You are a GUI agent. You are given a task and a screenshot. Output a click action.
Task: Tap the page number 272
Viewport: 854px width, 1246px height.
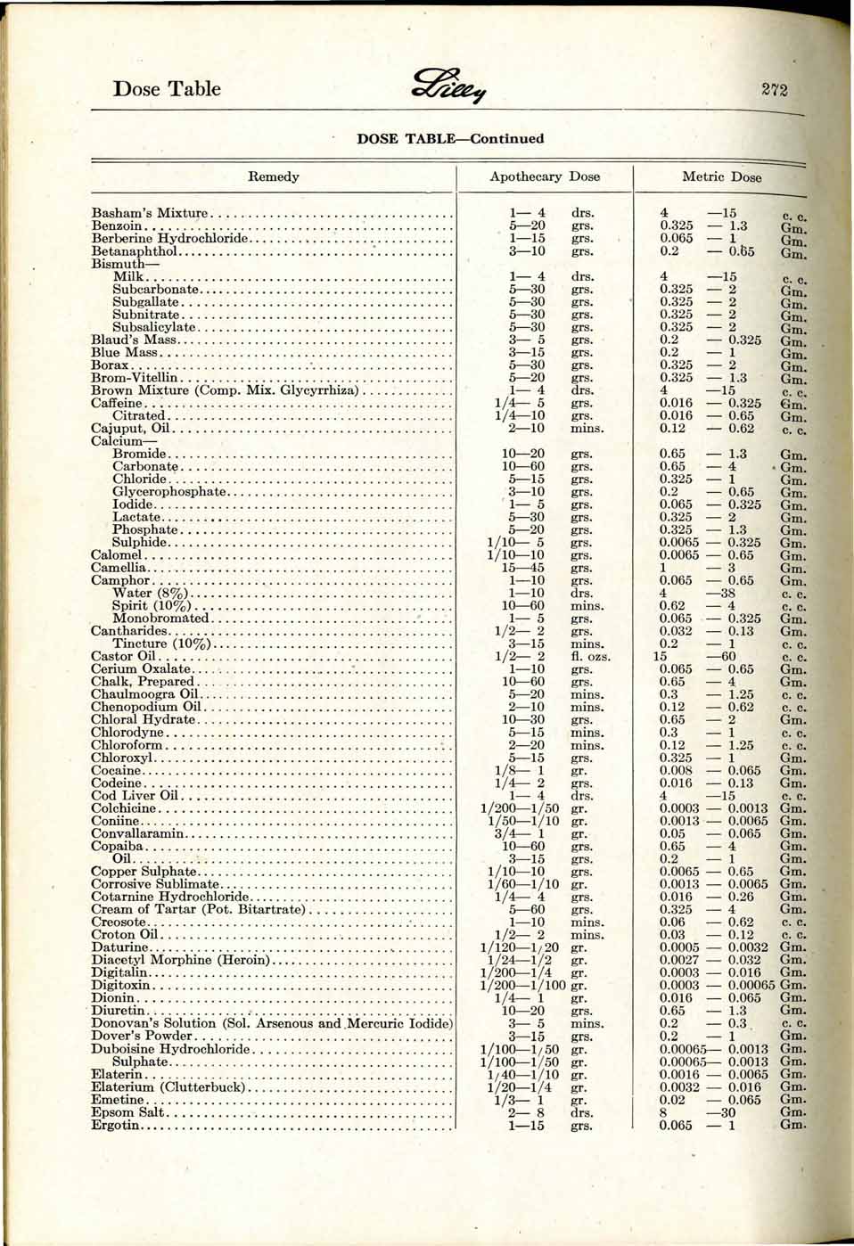click(x=774, y=88)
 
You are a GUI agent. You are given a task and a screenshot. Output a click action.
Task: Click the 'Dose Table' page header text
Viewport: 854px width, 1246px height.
click(x=167, y=88)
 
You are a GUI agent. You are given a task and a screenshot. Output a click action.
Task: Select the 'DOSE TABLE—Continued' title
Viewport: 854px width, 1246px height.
click(x=450, y=139)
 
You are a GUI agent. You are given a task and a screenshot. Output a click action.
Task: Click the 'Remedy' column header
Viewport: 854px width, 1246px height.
click(x=274, y=176)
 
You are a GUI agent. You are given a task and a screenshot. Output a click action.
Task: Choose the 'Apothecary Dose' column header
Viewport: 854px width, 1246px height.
click(x=545, y=176)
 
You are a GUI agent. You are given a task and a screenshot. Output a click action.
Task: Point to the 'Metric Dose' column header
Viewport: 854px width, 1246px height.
click(x=721, y=176)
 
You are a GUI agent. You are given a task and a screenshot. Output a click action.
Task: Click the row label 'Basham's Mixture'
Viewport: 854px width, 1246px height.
click(x=150, y=213)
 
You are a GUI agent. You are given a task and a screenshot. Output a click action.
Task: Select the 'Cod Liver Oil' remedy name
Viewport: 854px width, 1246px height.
click(x=135, y=796)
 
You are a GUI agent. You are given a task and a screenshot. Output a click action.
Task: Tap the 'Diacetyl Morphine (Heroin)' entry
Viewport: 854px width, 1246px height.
click(x=180, y=960)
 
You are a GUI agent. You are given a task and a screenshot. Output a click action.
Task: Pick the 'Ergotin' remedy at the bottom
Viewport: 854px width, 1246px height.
click(x=116, y=1125)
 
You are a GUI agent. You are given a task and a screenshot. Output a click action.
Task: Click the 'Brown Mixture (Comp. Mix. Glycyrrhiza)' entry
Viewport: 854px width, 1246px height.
click(x=225, y=390)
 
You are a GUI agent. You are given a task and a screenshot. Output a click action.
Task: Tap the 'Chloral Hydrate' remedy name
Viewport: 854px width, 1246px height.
click(x=143, y=719)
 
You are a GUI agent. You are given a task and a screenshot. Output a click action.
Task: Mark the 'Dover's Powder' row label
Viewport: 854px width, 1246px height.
click(x=141, y=1036)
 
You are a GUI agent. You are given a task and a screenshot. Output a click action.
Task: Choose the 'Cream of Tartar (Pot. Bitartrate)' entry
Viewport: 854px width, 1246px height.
click(x=198, y=909)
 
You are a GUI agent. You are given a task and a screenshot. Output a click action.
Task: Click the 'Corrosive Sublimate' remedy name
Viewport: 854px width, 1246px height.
click(x=154, y=884)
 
